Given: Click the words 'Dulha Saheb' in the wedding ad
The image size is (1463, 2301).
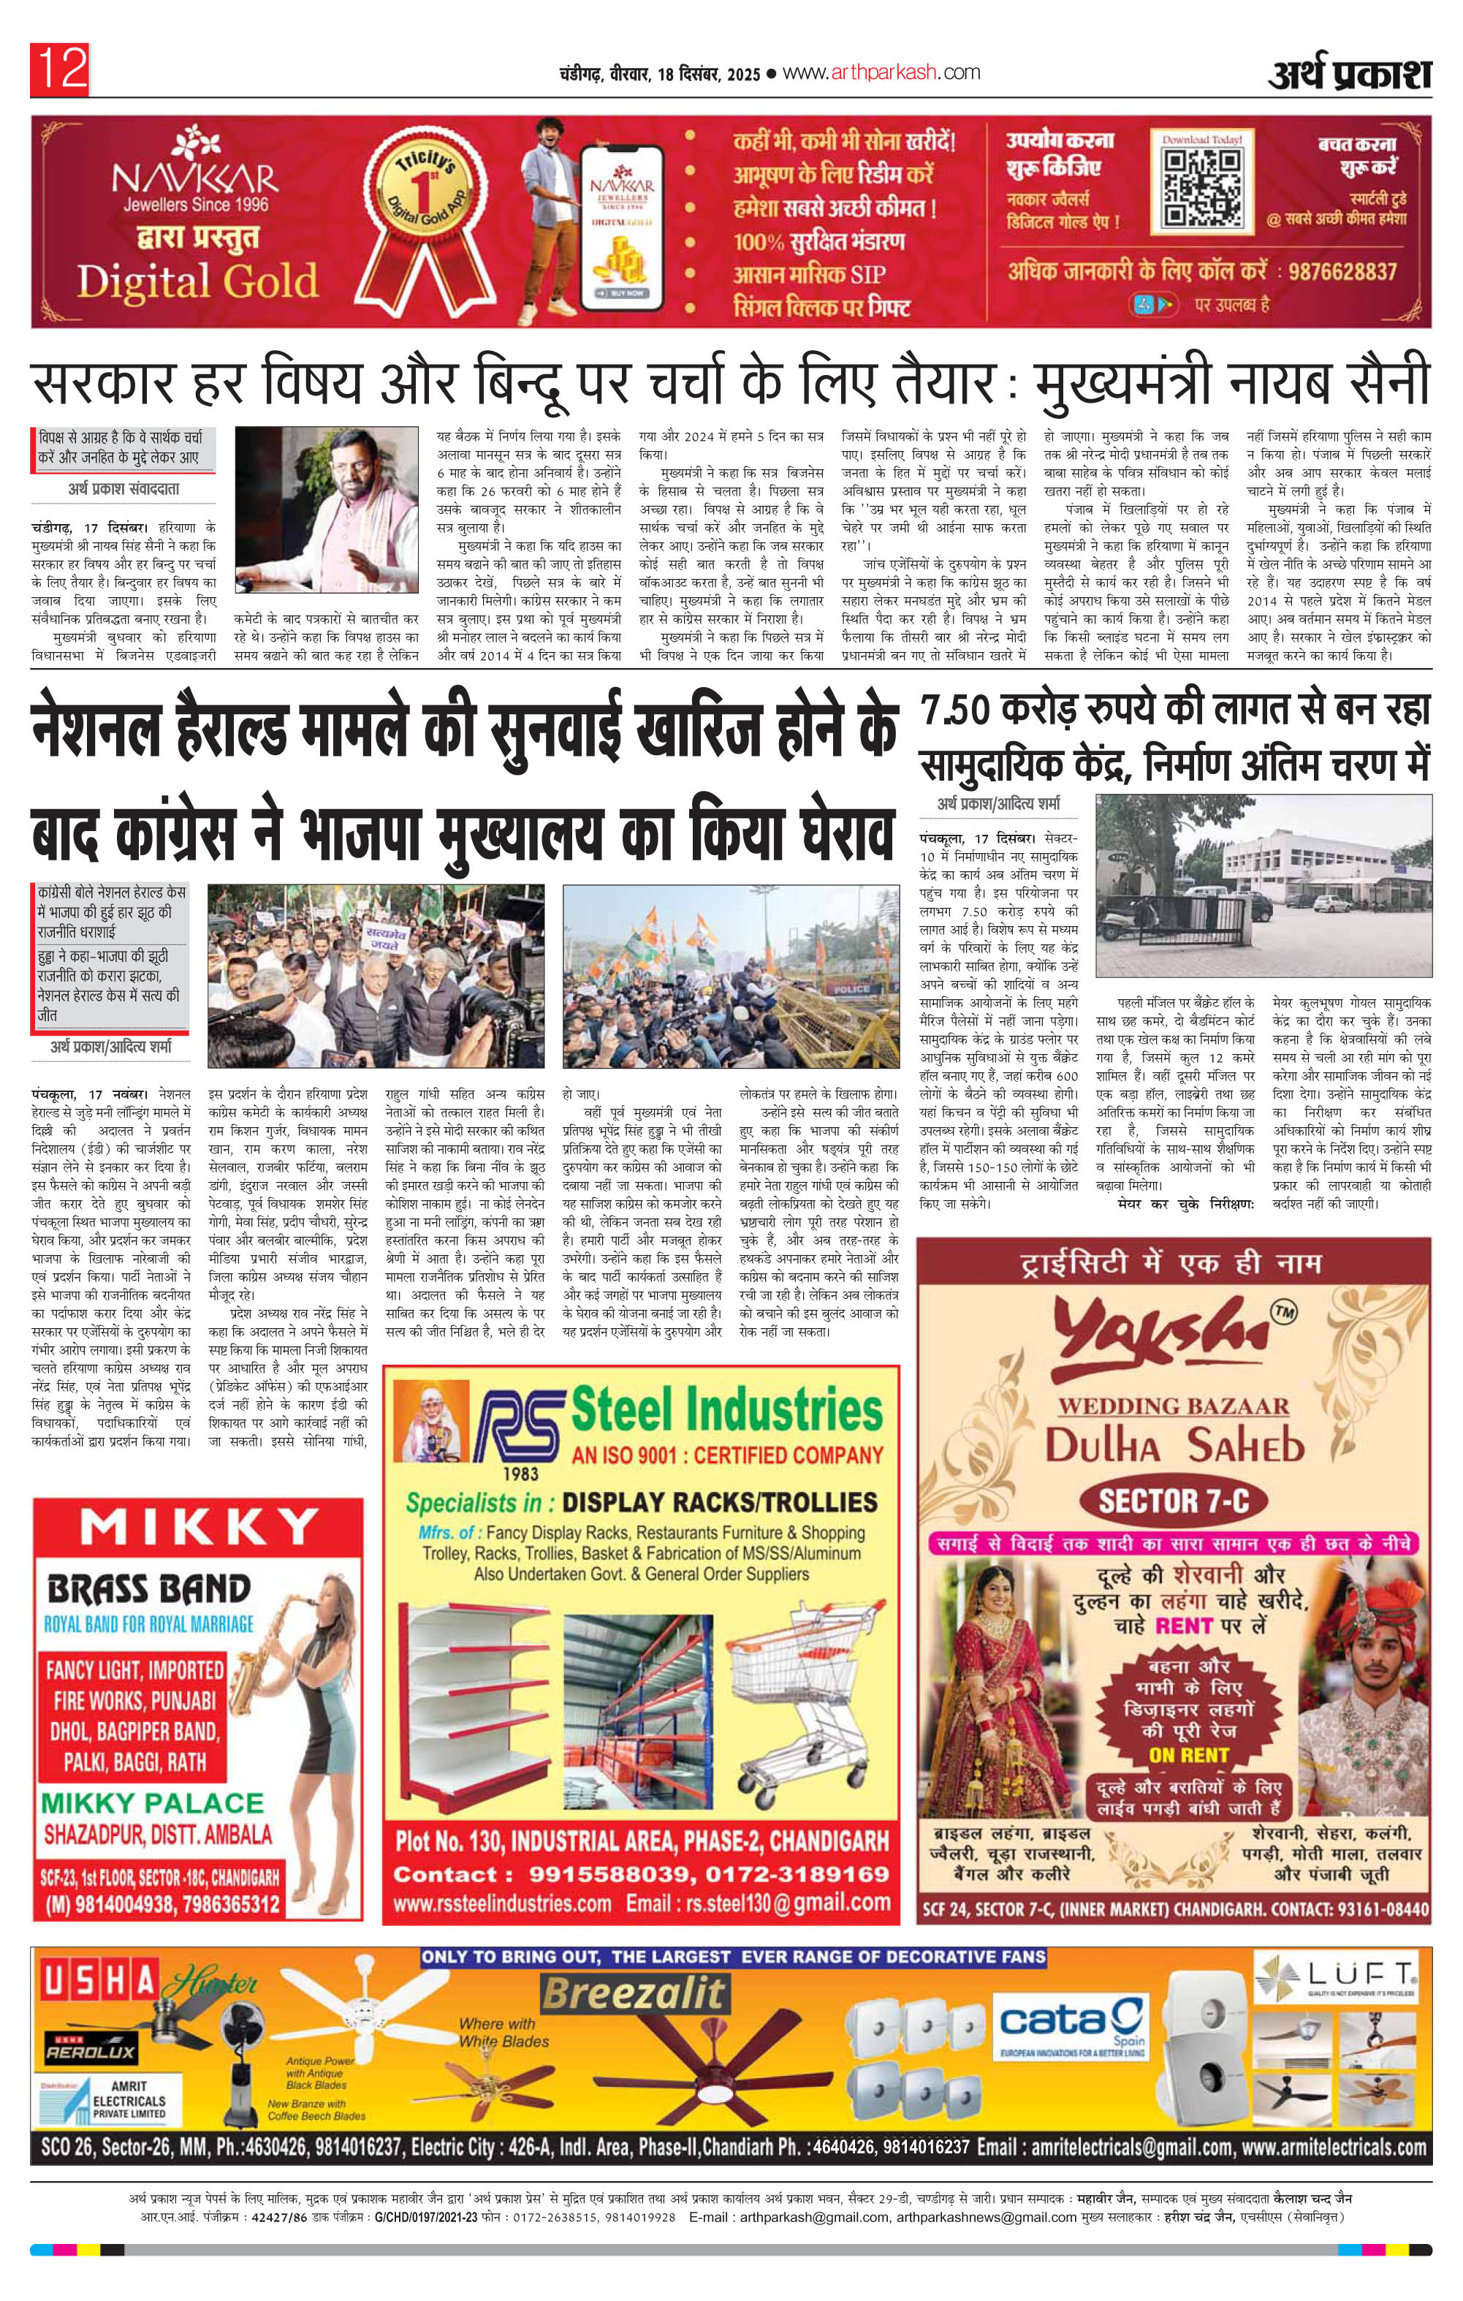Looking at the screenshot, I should (1174, 1447).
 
